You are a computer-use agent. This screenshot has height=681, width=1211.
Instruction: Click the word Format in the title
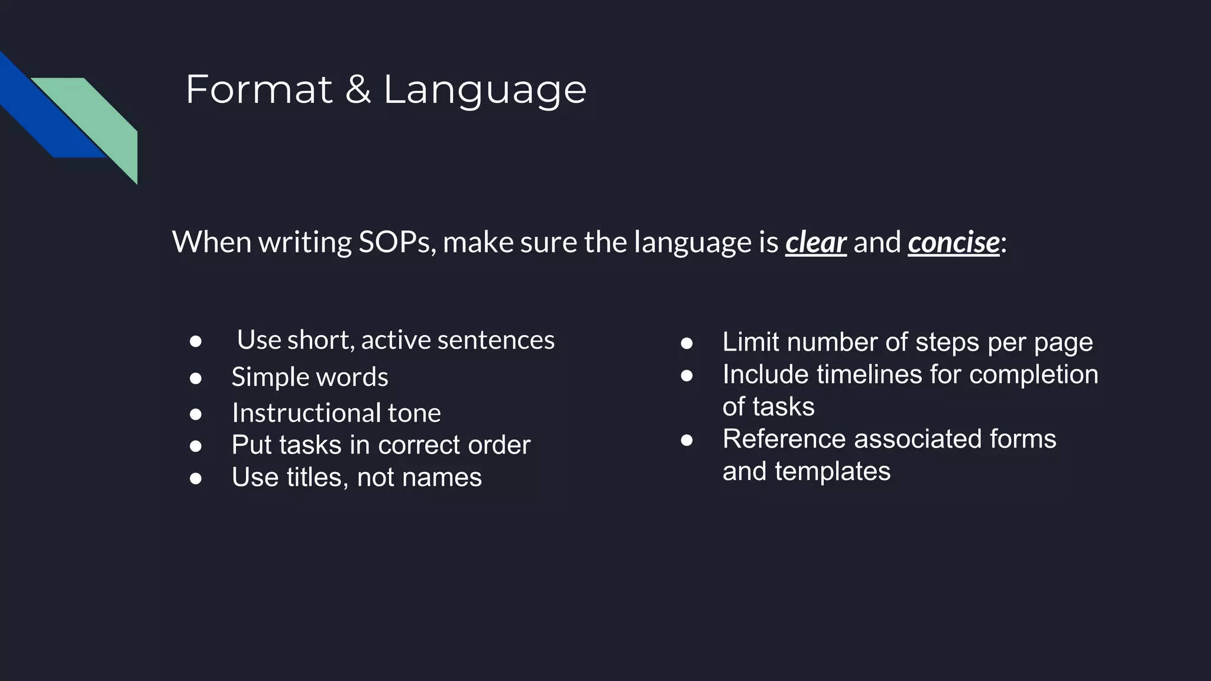click(259, 90)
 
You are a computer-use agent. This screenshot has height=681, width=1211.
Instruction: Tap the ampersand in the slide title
click(358, 90)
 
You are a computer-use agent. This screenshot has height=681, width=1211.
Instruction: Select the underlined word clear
click(815, 242)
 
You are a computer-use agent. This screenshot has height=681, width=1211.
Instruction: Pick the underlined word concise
click(953, 242)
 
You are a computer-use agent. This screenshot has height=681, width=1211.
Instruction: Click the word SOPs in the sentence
click(393, 242)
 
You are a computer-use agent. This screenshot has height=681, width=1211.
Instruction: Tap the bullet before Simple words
click(196, 378)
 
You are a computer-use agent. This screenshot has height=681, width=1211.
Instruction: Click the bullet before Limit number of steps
click(686, 343)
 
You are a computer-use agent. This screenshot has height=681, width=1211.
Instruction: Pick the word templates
click(832, 471)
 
